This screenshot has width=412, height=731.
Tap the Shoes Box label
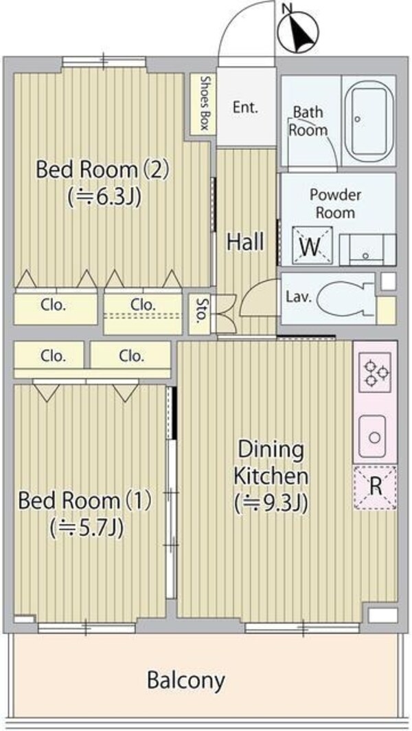point(204,103)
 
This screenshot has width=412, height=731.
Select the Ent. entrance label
point(245,107)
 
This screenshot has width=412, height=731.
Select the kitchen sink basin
point(375,436)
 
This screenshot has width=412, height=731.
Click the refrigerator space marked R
point(375,486)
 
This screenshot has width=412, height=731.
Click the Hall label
point(246,242)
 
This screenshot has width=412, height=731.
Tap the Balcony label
point(186,681)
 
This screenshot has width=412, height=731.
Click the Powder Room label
point(335,204)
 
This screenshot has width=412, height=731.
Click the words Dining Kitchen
point(271,463)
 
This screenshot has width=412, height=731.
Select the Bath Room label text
point(308,120)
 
